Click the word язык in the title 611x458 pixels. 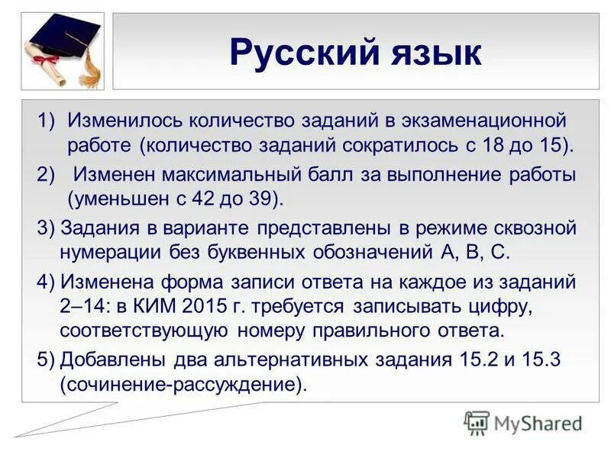[x=436, y=55]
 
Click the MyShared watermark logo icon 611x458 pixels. [x=477, y=422]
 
